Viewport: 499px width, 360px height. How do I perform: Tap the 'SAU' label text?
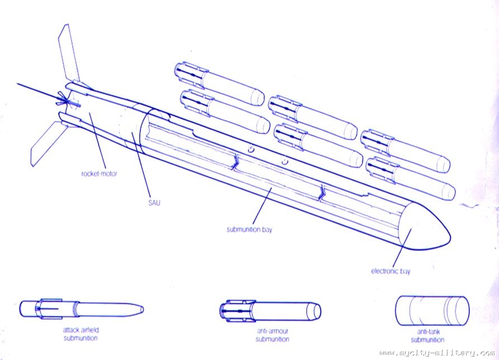tap(154, 203)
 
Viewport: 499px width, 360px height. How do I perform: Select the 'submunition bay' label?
tap(249, 230)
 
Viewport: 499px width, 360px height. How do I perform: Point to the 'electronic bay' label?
tap(390, 272)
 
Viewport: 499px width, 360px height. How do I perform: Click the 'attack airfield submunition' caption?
tap(81, 334)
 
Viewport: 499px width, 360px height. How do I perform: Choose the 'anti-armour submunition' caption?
tap(272, 335)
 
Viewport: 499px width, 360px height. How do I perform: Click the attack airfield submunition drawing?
tap(81, 308)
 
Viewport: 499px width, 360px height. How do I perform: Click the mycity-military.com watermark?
tap(436, 353)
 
